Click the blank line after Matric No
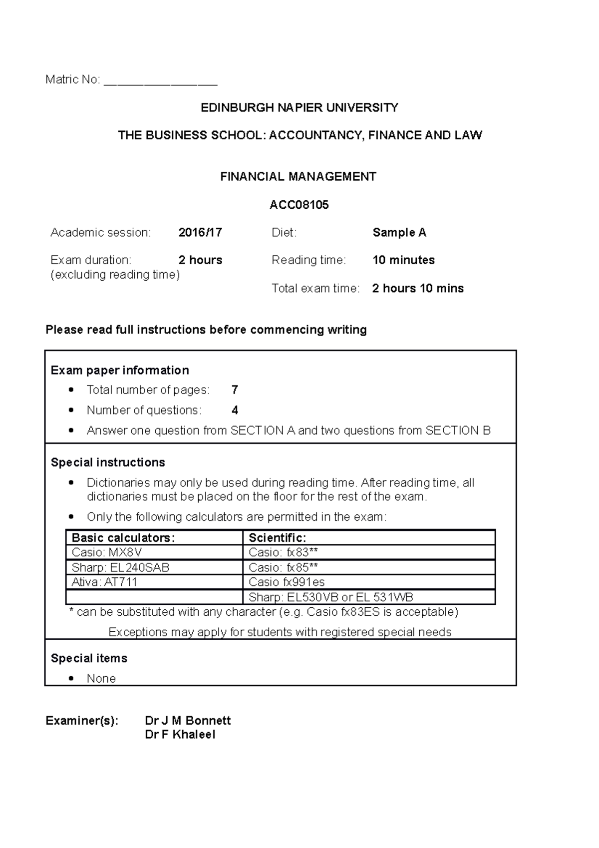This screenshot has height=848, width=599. point(160,81)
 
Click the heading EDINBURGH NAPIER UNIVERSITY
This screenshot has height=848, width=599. point(299,107)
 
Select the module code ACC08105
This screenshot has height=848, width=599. point(299,205)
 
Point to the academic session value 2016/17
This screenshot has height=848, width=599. point(200,232)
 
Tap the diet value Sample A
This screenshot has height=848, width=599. point(399,232)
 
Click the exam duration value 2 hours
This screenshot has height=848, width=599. point(200,260)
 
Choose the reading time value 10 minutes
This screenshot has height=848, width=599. point(403,260)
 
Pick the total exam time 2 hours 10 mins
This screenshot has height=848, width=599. point(418,288)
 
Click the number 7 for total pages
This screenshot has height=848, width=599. point(235,390)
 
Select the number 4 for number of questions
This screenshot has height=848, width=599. point(235,410)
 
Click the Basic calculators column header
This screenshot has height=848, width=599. point(123,537)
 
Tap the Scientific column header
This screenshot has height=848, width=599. point(277,537)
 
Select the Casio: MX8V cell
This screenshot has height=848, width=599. point(107,552)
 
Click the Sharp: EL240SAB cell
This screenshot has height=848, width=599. point(120,567)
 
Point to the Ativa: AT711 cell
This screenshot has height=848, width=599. point(104,582)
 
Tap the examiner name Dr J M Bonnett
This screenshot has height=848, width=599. point(188,720)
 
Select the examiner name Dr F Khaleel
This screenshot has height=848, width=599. point(180,734)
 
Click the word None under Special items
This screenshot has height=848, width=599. point(101,678)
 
